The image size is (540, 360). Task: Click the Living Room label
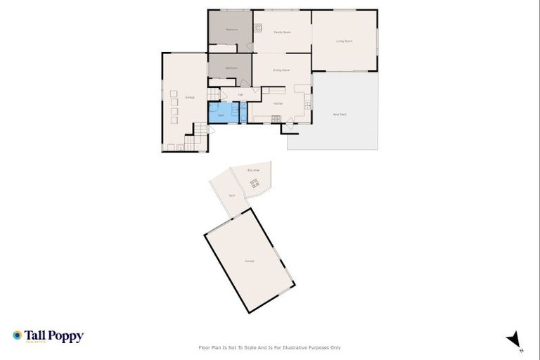click(344, 41)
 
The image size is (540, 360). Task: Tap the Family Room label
click(282, 32)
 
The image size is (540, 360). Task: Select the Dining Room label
click(281, 70)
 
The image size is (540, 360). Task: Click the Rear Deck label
click(339, 114)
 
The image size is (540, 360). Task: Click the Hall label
click(240, 94)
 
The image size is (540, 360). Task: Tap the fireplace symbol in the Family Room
click(258, 29)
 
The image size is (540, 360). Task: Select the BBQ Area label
click(254, 170)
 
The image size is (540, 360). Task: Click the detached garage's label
click(250, 261)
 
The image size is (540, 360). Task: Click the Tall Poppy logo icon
click(17, 336)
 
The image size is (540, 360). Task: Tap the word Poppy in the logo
click(65, 336)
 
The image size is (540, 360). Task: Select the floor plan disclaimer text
click(270, 347)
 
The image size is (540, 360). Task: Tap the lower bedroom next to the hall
click(230, 69)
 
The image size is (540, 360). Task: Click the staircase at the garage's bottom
click(202, 130)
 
